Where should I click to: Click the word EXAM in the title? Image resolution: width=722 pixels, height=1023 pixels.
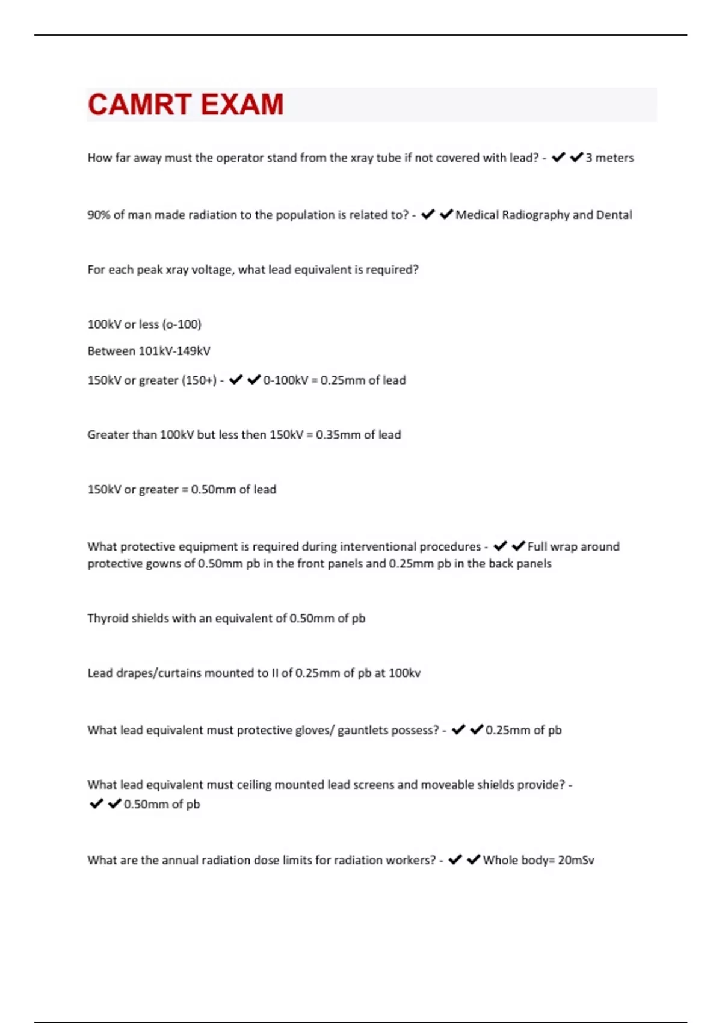click(x=242, y=105)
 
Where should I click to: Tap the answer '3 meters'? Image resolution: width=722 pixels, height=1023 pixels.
click(x=609, y=158)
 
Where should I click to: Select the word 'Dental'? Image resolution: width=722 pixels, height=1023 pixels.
click(x=614, y=215)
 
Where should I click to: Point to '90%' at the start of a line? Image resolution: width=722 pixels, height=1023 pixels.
click(x=99, y=215)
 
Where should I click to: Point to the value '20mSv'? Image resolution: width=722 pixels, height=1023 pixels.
click(x=576, y=860)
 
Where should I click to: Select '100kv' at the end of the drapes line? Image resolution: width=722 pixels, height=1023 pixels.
click(x=404, y=673)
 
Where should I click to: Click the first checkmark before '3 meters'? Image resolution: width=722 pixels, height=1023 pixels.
click(x=558, y=158)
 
